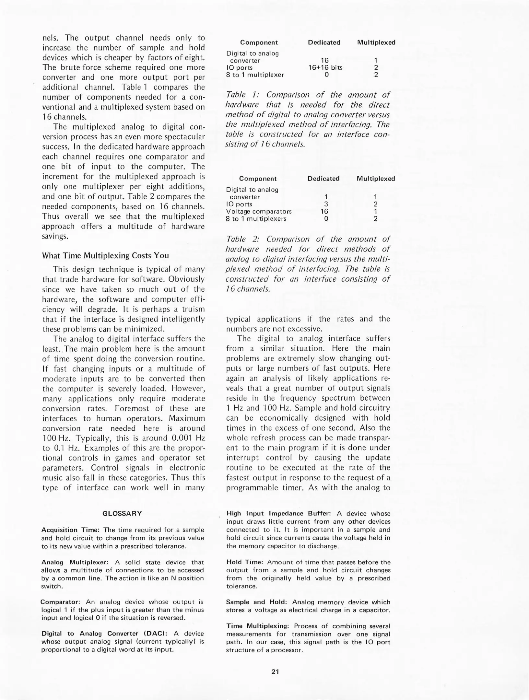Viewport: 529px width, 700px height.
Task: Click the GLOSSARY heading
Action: coord(122,513)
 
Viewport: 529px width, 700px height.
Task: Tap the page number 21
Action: coord(275,671)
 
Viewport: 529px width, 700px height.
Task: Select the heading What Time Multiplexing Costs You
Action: coord(106,255)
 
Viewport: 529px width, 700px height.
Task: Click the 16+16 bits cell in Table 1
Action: coord(325,67)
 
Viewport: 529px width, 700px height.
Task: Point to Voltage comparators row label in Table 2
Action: coord(259,211)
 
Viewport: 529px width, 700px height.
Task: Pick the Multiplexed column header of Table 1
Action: coord(376,42)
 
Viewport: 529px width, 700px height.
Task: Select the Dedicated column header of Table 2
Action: coord(323,179)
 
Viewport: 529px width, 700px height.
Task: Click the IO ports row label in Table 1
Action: coord(239,67)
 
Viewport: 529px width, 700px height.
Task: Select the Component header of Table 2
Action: coord(258,179)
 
